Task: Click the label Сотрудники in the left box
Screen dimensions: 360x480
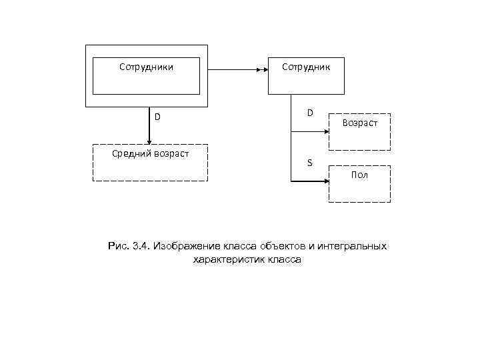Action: (146, 67)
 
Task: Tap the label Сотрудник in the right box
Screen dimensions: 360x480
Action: (305, 67)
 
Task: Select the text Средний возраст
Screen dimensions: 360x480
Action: (150, 154)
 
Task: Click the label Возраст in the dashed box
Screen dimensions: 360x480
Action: (360, 123)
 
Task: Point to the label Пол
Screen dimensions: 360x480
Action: (359, 175)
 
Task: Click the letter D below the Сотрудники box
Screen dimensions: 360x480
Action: (157, 117)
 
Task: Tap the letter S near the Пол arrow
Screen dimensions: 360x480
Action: (309, 163)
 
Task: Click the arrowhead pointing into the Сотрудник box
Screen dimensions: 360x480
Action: (263, 69)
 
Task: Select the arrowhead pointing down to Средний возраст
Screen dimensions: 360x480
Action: (149, 141)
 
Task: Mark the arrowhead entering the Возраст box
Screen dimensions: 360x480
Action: (326, 131)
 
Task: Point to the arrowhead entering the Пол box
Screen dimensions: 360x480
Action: (326, 181)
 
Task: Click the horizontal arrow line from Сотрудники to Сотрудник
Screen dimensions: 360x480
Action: (233, 69)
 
